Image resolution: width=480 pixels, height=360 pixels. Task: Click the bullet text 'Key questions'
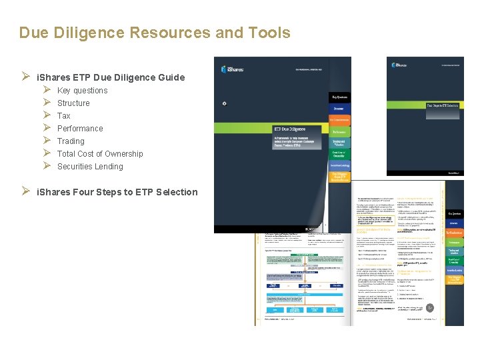click(82, 91)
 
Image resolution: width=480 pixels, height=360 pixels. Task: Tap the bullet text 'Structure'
click(73, 103)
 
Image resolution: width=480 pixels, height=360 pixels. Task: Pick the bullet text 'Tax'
click(64, 116)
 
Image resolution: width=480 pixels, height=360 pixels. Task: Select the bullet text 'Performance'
click(80, 129)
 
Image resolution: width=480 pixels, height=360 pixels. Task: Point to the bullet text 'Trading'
click(71, 141)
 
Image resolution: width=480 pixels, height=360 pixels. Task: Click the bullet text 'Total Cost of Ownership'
click(100, 154)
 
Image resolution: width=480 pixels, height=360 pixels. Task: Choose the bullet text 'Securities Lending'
click(90, 167)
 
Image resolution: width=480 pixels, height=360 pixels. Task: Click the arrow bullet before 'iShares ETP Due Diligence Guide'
click(27, 77)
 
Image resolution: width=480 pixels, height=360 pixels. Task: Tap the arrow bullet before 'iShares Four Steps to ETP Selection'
click(27, 192)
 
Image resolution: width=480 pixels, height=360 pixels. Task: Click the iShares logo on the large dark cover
click(233, 67)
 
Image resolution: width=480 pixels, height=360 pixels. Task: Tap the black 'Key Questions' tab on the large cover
click(339, 97)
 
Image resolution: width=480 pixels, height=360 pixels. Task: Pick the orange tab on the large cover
click(339, 120)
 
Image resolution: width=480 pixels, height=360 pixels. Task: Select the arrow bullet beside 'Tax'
click(47, 116)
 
